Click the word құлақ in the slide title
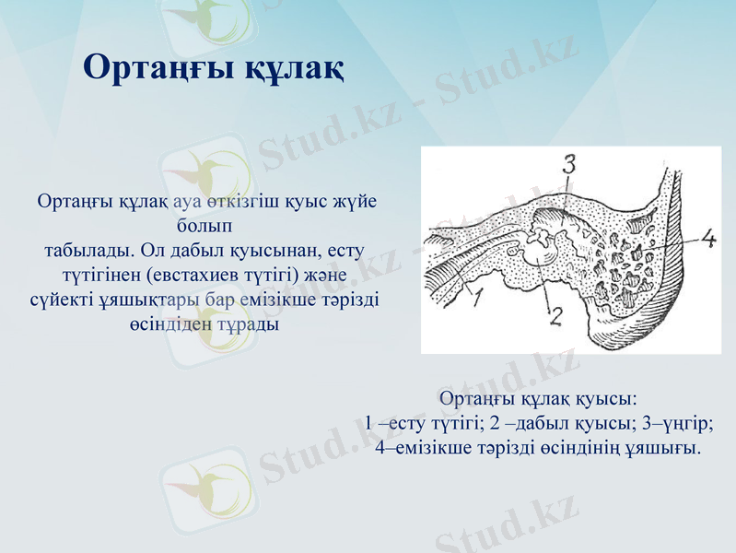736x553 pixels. tap(293, 66)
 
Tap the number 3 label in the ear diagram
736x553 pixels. tap(568, 165)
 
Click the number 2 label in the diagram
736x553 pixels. tap(555, 316)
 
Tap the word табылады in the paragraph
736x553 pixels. tap(86, 250)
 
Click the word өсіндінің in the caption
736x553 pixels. tap(582, 449)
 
